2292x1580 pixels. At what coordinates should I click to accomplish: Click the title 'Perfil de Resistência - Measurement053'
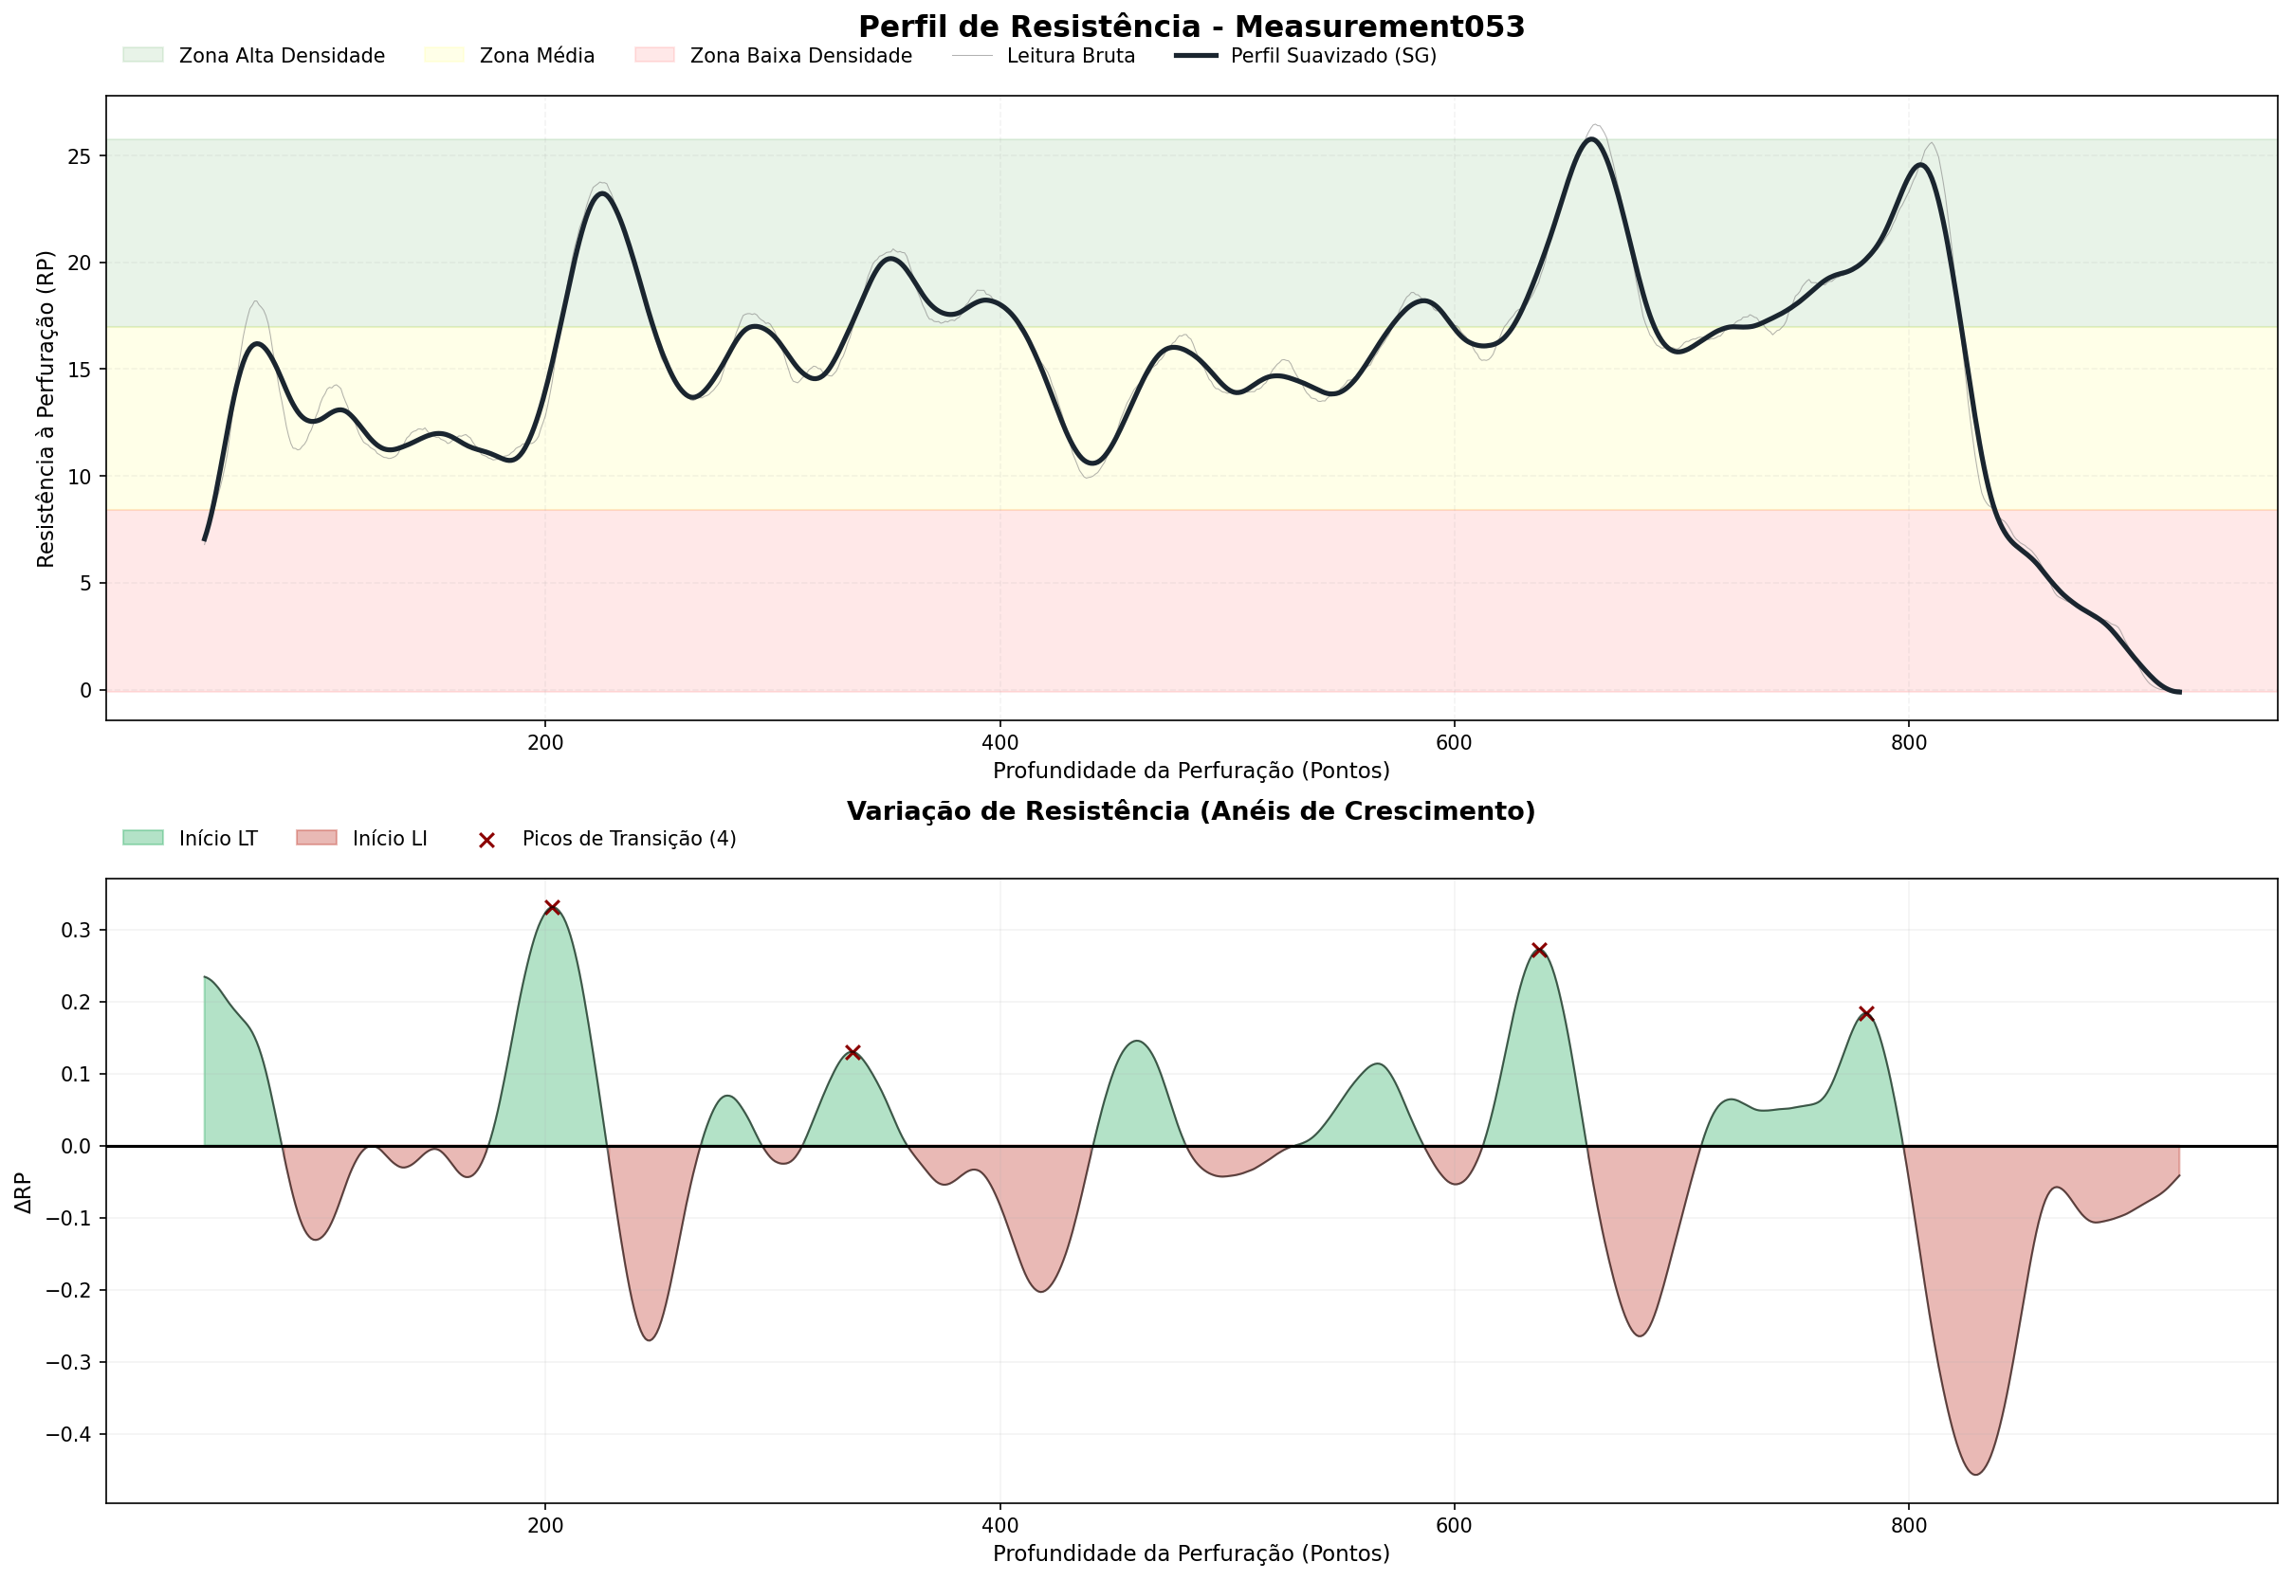(x=1191, y=27)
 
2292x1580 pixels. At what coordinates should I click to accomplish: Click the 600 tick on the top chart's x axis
(x=1454, y=741)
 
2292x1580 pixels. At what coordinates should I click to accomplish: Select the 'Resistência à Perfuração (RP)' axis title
(x=46, y=408)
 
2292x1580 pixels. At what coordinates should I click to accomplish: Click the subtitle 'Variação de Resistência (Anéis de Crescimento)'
(x=1191, y=811)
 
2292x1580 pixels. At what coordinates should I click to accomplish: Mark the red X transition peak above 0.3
(x=553, y=908)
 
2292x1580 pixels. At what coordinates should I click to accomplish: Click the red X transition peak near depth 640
(x=1539, y=951)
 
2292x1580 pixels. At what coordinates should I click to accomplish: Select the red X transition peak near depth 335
(x=853, y=1052)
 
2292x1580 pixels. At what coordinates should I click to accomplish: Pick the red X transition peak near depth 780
(x=1866, y=1014)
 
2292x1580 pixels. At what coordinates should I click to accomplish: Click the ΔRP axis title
(x=24, y=1192)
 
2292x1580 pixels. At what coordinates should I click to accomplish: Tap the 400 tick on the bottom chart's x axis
(x=999, y=1526)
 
